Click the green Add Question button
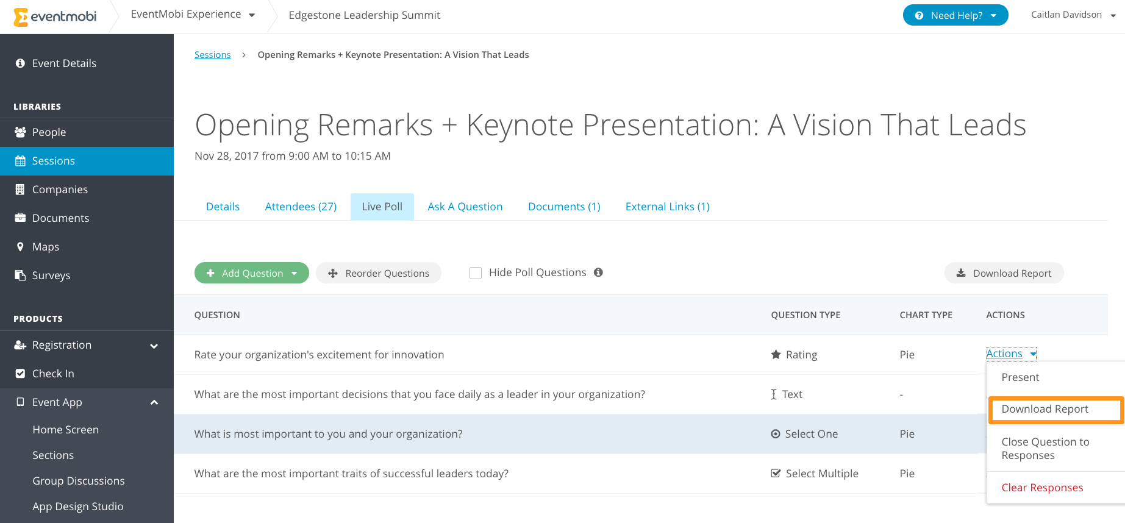tap(251, 273)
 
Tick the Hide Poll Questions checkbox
tap(476, 273)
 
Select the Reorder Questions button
tap(379, 273)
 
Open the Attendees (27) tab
tap(301, 207)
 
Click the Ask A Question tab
tap(465, 207)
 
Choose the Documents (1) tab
tap(564, 207)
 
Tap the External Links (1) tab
tap(668, 207)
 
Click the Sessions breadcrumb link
tap(212, 55)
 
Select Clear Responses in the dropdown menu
tap(1042, 488)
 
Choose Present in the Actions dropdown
tap(1020, 377)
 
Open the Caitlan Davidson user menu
tap(1073, 15)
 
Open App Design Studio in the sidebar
tap(78, 507)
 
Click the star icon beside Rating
tap(776, 354)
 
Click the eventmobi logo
tap(55, 16)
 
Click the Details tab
tap(223, 207)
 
